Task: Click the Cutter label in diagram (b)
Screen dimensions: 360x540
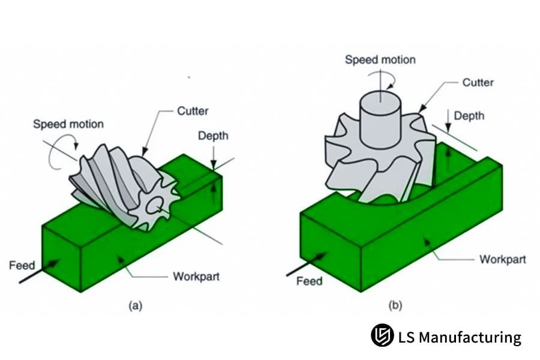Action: tap(478, 82)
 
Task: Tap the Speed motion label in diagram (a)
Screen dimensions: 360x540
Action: tap(68, 124)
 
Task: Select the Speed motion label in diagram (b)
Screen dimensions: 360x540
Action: tap(380, 59)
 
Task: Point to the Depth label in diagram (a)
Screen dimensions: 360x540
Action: tap(213, 136)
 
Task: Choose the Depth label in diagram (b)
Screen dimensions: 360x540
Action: tap(469, 115)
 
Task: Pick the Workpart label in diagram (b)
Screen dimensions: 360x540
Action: tap(502, 259)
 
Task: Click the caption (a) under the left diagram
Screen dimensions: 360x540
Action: tap(136, 305)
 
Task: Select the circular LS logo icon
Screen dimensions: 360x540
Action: tap(382, 335)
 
